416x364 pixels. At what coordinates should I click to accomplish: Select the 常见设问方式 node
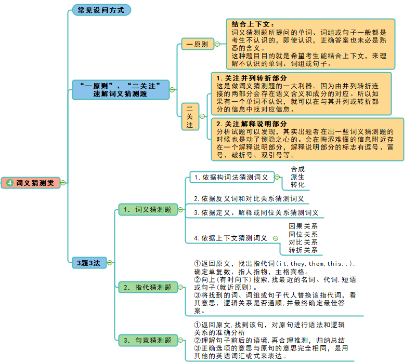101,10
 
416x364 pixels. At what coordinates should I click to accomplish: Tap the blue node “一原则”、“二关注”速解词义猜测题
121,89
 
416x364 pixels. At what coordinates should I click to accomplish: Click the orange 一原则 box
197,45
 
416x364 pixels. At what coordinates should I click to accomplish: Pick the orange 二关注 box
190,116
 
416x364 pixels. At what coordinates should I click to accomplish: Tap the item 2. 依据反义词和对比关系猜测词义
249,198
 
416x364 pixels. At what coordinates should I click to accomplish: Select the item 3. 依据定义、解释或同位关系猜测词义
256,212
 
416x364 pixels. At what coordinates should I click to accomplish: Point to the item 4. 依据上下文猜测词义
230,238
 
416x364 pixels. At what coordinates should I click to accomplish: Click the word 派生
298,177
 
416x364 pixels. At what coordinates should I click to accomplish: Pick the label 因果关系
303,226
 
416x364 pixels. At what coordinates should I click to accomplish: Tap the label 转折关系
303,250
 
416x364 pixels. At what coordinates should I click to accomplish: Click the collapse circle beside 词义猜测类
63,183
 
